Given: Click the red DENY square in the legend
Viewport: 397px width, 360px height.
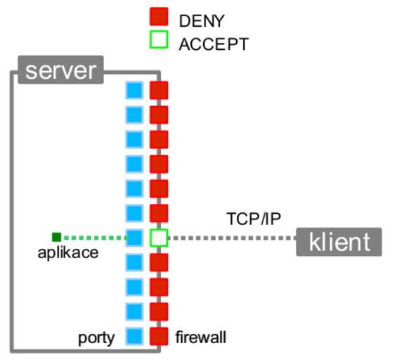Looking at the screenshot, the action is click(159, 16).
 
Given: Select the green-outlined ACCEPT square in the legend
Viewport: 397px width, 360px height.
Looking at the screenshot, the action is click(159, 39).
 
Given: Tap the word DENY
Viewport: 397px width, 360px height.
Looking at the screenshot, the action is click(202, 21).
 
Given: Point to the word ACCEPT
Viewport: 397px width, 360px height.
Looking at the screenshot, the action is click(214, 44).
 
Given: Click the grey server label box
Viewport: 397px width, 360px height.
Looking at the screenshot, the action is click(60, 70).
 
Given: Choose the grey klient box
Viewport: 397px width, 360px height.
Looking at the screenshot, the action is click(339, 242).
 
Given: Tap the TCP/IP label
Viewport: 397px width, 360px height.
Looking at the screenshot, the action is click(254, 219).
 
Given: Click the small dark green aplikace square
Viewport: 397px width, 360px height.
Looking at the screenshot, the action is click(56, 238).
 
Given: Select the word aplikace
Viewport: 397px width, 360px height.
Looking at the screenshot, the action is click(68, 252).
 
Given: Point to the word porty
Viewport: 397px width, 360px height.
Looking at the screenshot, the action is click(96, 338).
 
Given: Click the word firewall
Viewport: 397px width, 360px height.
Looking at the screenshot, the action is click(201, 337).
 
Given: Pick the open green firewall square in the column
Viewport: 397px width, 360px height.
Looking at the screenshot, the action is click(159, 238).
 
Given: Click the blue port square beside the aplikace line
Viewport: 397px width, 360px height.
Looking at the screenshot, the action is click(134, 238).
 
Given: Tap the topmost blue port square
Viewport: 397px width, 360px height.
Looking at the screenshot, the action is click(134, 90).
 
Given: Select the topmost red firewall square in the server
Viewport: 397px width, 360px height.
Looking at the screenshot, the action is click(159, 90).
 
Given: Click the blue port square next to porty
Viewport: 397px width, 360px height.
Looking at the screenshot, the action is click(134, 336).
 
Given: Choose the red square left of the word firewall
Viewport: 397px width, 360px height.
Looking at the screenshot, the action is click(159, 336).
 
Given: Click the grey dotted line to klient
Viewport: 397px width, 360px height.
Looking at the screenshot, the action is click(232, 238).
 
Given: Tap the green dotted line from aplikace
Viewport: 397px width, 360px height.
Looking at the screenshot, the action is click(96, 238).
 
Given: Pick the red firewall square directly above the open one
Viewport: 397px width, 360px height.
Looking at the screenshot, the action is click(159, 213).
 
